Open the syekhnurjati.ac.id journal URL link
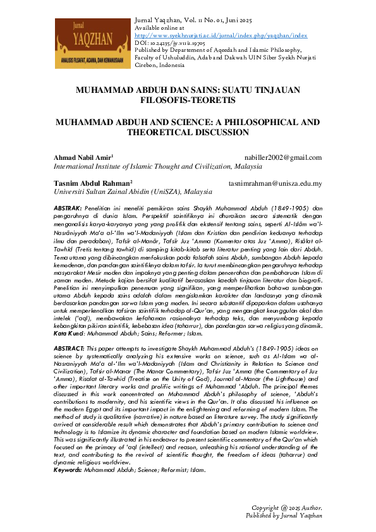pyautogui.click(x=221, y=35)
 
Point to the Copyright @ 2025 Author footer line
pyautogui.click(x=286, y=507)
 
